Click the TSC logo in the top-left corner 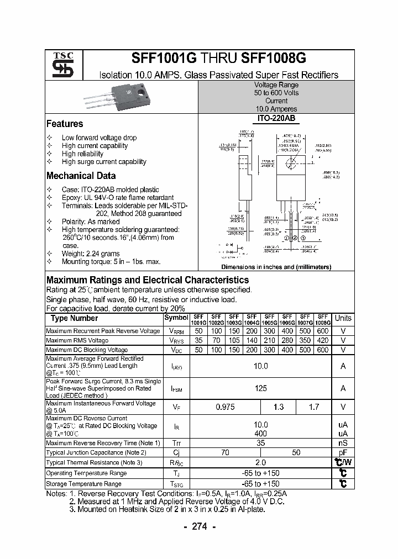[x=59, y=65]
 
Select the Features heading [x=65, y=124]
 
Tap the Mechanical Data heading [x=81, y=176]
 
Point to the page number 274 [x=199, y=526]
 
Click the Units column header [x=343, y=318]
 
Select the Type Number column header [x=74, y=318]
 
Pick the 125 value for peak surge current [x=260, y=388]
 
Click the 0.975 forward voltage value [x=226, y=407]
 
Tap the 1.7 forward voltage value [x=314, y=407]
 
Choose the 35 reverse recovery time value [x=260, y=443]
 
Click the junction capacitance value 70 [x=226, y=452]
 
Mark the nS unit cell [x=343, y=443]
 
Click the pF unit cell [x=343, y=452]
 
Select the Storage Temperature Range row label [x=83, y=484]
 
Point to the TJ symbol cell [x=177, y=473]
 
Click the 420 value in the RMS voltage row [x=323, y=340]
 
